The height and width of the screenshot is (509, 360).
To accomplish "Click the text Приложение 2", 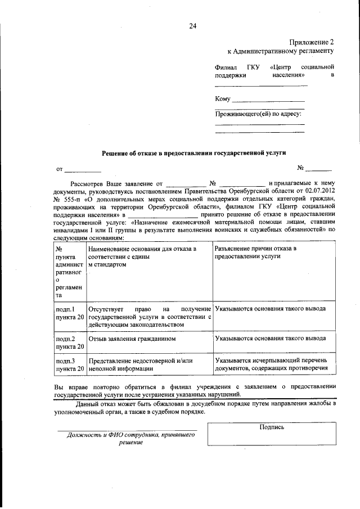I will (311, 42).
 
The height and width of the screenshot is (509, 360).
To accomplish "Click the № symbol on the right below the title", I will (301, 168).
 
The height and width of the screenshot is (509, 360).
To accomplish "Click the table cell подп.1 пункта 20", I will (70, 313).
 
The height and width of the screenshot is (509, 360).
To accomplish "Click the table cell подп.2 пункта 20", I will (70, 343).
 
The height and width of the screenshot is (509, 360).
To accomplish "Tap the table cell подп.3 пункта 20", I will (70, 364).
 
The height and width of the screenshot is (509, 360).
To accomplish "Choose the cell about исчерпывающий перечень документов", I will (271, 364).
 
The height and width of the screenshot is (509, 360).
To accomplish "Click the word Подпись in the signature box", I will (272, 427).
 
